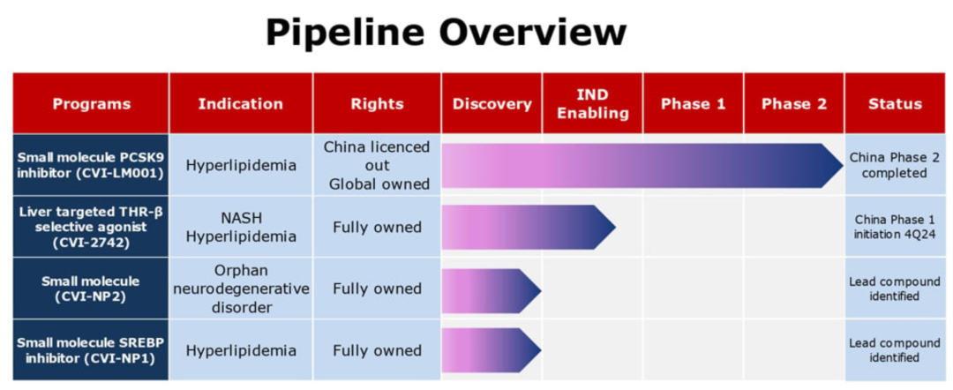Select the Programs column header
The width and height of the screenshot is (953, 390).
[91, 104]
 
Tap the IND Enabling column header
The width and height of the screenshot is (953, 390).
[593, 104]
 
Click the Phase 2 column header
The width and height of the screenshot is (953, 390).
[794, 104]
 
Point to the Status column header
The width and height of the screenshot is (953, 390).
[895, 104]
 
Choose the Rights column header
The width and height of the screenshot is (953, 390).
[377, 104]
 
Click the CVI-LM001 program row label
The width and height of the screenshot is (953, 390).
[91, 165]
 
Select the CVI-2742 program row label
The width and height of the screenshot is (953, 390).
[91, 227]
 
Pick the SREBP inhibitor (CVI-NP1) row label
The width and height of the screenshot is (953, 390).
[91, 351]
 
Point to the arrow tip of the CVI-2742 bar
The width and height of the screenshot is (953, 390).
[616, 227]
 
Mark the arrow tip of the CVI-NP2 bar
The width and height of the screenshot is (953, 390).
[540, 290]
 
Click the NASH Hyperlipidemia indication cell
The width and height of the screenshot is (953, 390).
[241, 227]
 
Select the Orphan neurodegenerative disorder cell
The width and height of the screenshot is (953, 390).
[241, 289]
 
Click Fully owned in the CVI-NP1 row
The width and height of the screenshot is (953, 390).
[377, 350]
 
